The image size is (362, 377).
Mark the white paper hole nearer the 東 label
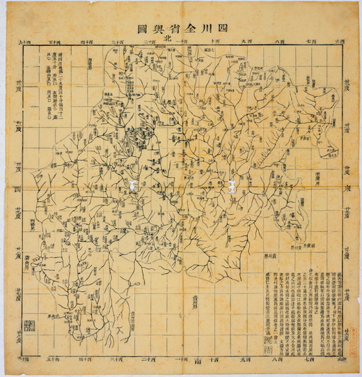pos(231,185)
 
